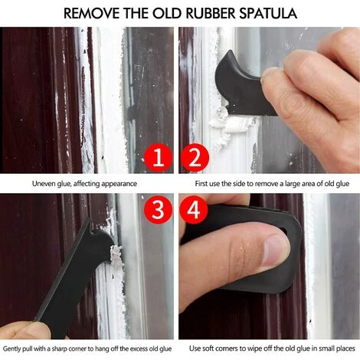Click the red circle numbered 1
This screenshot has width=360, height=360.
coord(158,158)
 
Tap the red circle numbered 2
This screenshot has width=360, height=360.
coord(195,158)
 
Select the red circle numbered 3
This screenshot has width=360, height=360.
coord(158,210)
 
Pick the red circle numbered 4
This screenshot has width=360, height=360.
coord(194,210)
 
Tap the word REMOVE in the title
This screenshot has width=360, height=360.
coord(91,13)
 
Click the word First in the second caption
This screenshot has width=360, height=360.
coord(201,184)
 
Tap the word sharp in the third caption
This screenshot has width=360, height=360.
coord(60,349)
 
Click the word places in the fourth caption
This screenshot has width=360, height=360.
coord(345,349)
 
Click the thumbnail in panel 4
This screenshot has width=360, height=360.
coord(275,253)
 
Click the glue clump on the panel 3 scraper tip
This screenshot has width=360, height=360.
coord(116,254)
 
